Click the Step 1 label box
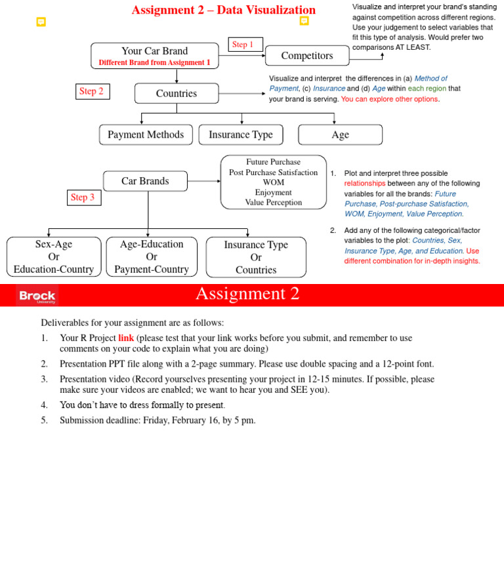246,45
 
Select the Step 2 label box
93,92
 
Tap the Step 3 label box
84,197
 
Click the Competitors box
306,56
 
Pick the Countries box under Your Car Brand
177,93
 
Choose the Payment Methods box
146,134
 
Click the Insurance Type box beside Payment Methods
241,134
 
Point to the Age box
340,134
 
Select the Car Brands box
145,181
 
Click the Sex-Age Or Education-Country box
54,256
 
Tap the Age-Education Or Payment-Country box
152,256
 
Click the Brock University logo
37,296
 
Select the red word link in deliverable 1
126,338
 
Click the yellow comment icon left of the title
41,22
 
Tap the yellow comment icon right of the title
304,21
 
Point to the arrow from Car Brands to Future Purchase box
203,181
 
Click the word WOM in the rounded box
273,182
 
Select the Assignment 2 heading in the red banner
247,294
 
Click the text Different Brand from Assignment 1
154,63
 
